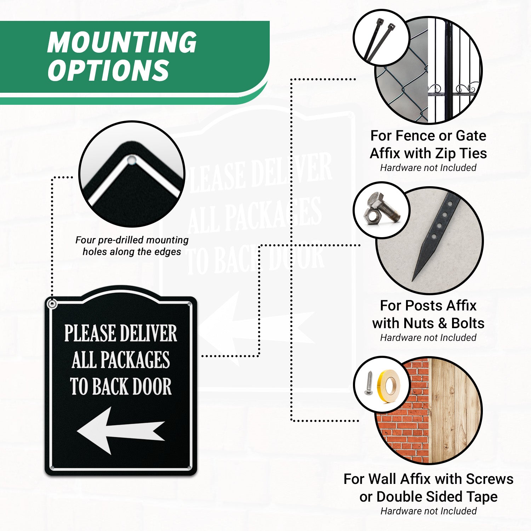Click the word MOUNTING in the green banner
pos(122,42)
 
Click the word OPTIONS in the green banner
pos(108,70)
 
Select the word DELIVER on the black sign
pos(148,333)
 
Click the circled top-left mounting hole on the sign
pos(52,304)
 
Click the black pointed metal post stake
pos(436,237)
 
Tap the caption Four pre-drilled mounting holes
pos(132,246)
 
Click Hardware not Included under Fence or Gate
pos(428,168)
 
